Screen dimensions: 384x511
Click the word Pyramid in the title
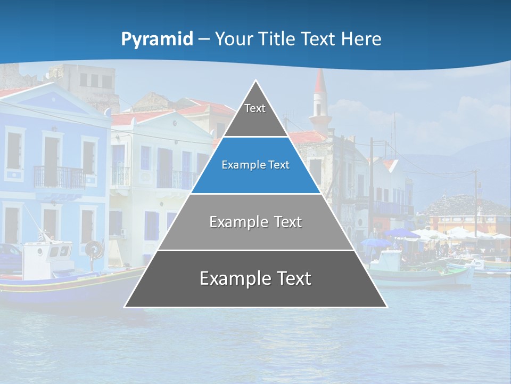click(x=157, y=39)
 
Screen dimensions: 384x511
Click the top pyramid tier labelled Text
click(x=256, y=112)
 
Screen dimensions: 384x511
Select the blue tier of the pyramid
click(x=256, y=165)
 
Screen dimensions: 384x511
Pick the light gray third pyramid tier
click(x=256, y=222)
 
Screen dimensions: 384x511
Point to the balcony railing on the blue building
click(x=59, y=177)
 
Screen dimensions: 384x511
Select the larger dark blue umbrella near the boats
click(x=402, y=233)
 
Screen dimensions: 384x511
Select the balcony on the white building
click(x=176, y=179)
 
